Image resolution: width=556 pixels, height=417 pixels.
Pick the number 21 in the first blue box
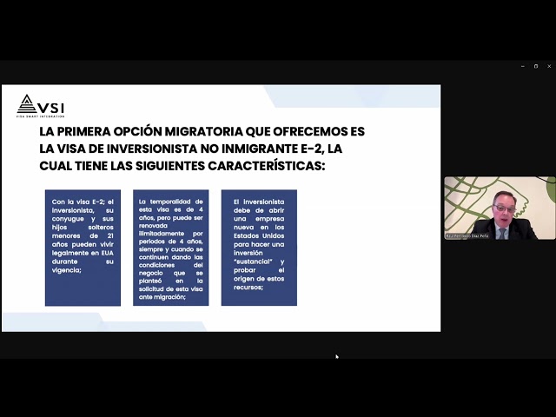(x=108, y=236)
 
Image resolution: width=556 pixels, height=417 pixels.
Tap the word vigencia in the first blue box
(x=67, y=270)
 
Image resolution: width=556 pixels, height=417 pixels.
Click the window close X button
(x=548, y=66)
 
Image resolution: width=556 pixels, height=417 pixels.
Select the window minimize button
(x=523, y=66)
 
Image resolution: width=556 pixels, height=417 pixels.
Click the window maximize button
(x=536, y=66)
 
